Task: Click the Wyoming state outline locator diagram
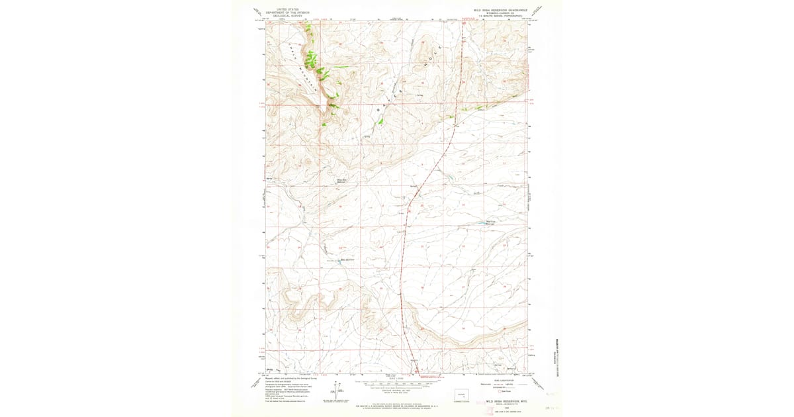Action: [x=461, y=396]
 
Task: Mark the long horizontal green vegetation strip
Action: [x=490, y=103]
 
